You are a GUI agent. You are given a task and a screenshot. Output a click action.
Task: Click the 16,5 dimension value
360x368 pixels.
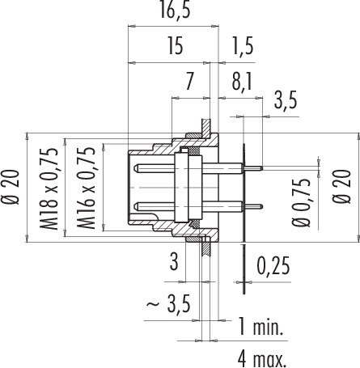(175, 11)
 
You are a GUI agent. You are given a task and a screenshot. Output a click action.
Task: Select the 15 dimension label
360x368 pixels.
(176, 46)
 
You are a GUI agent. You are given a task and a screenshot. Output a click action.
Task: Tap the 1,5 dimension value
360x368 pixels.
(243, 46)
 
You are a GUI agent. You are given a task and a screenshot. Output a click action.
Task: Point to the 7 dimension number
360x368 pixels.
(189, 82)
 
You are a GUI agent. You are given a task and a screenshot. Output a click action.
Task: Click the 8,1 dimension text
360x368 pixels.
(242, 82)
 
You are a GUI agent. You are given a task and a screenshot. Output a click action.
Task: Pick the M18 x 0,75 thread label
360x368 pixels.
(49, 188)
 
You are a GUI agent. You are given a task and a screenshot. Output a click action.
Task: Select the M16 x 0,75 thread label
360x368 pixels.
(87, 188)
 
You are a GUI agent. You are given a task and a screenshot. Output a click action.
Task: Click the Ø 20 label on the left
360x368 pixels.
(11, 188)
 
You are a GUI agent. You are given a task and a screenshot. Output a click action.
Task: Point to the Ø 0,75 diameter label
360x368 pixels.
(301, 202)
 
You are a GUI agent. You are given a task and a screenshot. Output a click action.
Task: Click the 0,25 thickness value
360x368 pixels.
(273, 266)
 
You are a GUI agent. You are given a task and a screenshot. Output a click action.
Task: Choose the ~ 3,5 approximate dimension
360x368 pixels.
(169, 303)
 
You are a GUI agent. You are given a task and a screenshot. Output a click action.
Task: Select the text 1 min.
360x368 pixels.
(260, 327)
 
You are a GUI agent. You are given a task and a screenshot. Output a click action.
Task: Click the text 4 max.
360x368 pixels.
(262, 359)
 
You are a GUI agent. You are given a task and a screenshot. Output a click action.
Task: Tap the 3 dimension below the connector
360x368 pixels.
(174, 261)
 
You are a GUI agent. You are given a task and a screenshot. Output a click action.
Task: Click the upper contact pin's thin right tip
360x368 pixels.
(262, 168)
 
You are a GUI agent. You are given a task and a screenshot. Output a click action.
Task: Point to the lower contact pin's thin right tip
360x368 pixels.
(262, 207)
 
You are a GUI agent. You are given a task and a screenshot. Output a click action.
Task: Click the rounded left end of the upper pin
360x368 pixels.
(136, 168)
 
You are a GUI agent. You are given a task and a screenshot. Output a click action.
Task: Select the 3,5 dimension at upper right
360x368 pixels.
(286, 100)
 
